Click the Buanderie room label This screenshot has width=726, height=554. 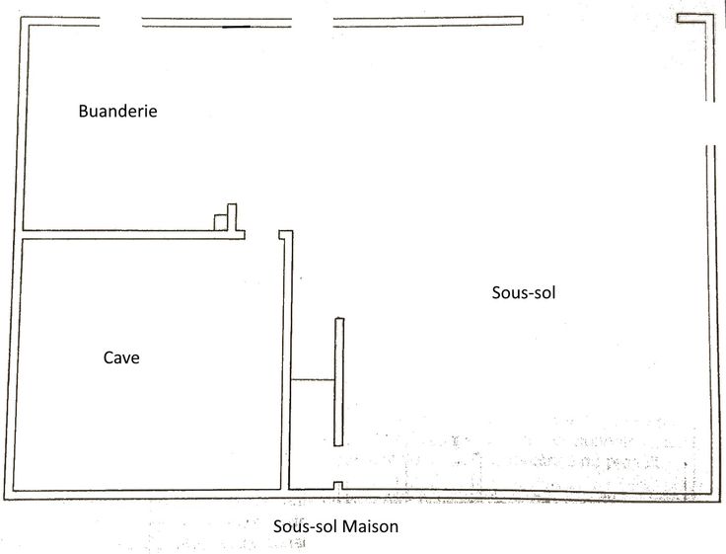coord(117,112)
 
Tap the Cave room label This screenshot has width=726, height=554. coord(121,357)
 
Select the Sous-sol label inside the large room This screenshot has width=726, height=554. coord(516,292)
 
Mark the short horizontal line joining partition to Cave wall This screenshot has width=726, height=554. coord(314,380)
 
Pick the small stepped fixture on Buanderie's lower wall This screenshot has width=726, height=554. coord(228,218)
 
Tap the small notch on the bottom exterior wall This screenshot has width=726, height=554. coord(337,486)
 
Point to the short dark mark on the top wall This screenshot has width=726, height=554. coord(236,27)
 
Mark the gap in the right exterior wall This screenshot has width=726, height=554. coord(710,123)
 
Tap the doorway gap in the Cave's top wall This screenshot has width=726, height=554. coord(262,235)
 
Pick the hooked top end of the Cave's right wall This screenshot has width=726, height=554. coord(286,235)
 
